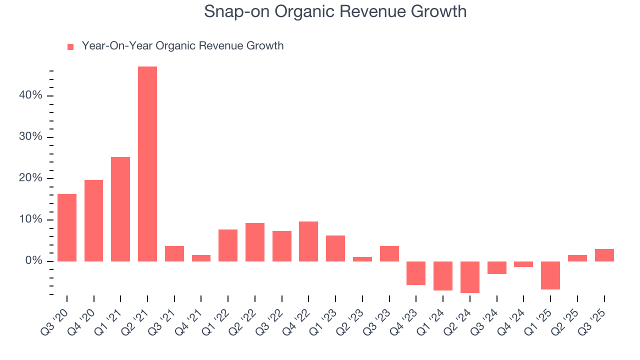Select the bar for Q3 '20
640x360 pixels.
click(x=67, y=227)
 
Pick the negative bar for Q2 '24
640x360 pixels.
click(x=470, y=277)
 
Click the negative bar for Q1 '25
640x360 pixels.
click(x=550, y=275)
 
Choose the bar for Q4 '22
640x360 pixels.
click(x=308, y=241)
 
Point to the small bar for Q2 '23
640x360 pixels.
click(x=362, y=259)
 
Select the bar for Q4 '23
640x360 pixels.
click(x=416, y=273)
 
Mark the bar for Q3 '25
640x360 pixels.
click(x=604, y=255)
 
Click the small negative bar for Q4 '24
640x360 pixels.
click(x=523, y=264)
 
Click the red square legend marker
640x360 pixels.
click(x=70, y=46)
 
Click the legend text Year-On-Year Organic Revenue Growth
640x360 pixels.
click(x=182, y=46)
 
